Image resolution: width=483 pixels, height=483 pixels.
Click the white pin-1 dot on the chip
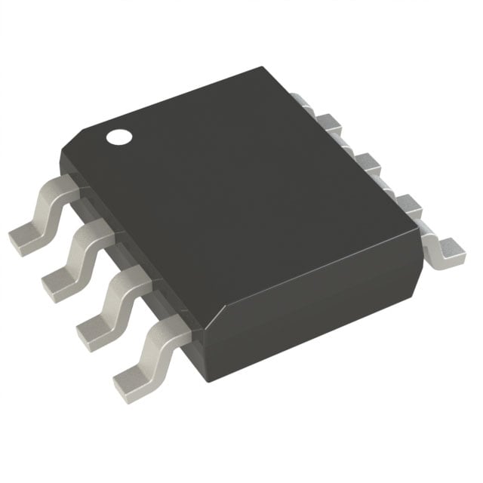coord(118,137)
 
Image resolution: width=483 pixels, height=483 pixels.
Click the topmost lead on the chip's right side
coord(300,102)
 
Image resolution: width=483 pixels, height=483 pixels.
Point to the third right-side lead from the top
coord(368,162)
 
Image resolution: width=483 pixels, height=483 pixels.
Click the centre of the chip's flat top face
coord(241,204)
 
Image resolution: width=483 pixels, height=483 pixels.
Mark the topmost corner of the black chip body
coord(263,69)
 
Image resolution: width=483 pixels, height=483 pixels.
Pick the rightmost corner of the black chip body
coord(420,219)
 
